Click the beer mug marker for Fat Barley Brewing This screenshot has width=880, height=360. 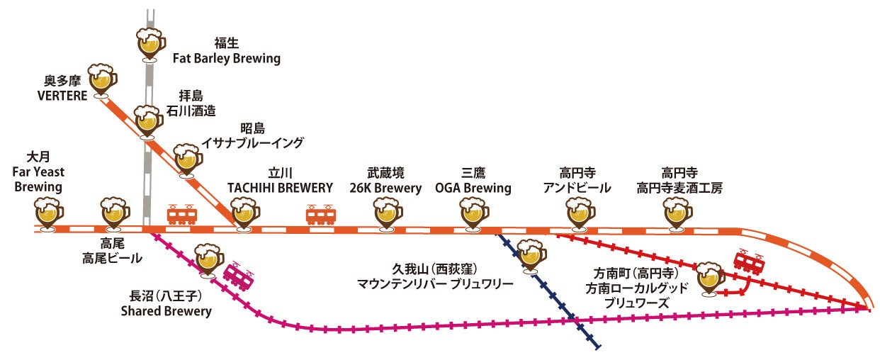tap(150, 43)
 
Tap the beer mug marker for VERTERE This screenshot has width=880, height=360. tap(103, 79)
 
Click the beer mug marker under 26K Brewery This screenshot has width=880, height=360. tap(387, 211)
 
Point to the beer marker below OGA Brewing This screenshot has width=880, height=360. tap(473, 211)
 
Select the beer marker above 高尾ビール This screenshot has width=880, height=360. tap(115, 212)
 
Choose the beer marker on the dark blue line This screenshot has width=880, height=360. tap(531, 254)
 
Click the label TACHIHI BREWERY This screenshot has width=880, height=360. tap(280, 188)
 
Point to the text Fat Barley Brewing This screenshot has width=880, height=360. tap(227, 59)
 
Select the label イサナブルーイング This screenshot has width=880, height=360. tap(252, 143)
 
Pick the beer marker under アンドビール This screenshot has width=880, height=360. tap(580, 211)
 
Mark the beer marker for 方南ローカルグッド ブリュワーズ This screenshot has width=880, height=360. tap(709, 276)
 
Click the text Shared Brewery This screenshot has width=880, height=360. tap(166, 310)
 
